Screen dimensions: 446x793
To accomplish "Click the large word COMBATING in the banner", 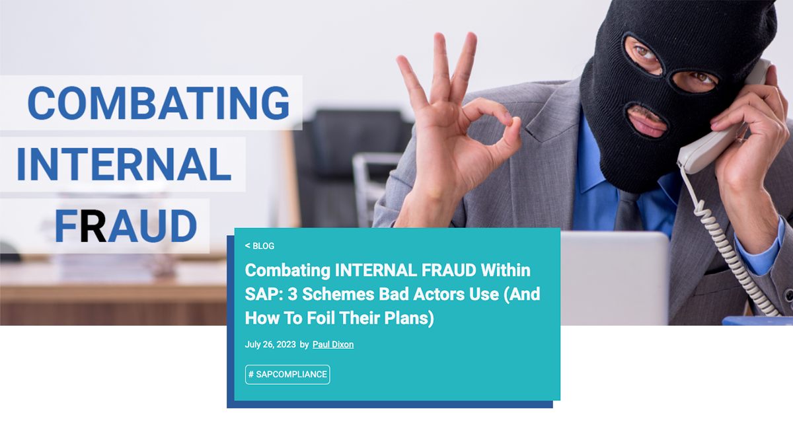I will click(159, 103).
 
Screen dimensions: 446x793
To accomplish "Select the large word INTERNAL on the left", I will click(124, 165).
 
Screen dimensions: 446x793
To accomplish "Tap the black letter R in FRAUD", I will click(93, 226).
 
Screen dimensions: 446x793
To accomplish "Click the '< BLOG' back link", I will click(260, 246).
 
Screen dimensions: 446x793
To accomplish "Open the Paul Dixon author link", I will click(333, 344).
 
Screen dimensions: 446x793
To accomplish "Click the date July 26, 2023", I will click(270, 344).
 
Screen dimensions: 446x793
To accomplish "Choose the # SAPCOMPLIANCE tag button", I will click(287, 375).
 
